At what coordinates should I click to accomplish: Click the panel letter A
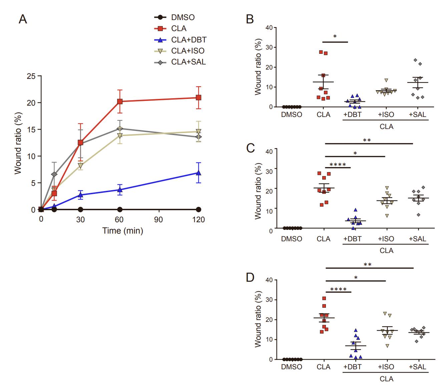click(23, 19)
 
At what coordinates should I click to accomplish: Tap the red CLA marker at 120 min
click(198, 98)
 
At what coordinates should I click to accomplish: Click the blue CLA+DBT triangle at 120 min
click(198, 173)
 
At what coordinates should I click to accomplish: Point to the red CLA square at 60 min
click(120, 101)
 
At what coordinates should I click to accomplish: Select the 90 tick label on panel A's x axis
click(159, 220)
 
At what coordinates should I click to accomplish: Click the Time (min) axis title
click(122, 231)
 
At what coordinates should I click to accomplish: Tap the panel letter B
click(250, 19)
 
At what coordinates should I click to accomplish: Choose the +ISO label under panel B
click(386, 115)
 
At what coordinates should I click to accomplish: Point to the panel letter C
click(250, 148)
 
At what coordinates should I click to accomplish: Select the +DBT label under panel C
click(352, 239)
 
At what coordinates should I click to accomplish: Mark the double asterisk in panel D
click(367, 265)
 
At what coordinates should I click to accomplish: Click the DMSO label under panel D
click(292, 367)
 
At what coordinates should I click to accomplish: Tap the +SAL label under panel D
click(418, 367)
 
